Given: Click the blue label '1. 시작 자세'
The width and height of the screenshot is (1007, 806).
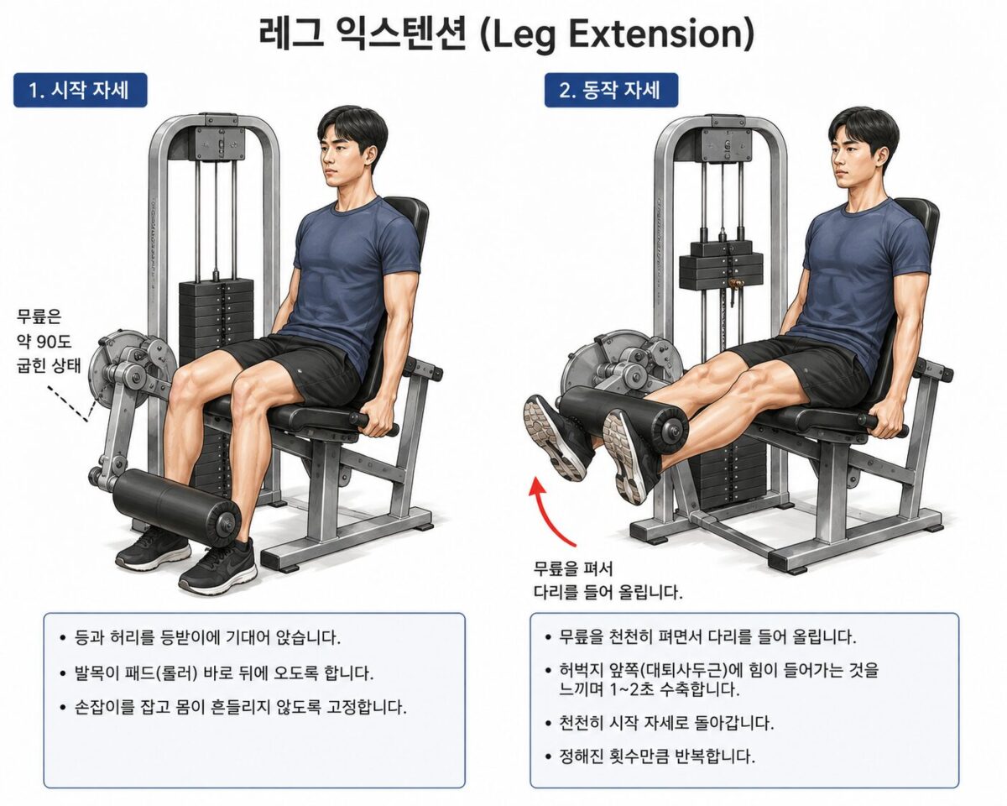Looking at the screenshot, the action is point(80,90).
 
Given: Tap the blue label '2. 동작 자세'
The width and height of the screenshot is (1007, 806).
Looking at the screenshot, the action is point(611,90).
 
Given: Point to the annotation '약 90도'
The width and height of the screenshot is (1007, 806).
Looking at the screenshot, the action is point(44,342).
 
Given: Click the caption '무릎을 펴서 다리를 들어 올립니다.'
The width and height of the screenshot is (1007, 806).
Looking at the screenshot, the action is point(608,580).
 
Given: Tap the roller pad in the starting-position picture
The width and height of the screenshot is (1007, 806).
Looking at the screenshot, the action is point(177,505).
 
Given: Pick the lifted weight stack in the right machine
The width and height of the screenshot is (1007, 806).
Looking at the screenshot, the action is point(722,265).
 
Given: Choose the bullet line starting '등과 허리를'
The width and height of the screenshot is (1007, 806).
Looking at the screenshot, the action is point(201,637).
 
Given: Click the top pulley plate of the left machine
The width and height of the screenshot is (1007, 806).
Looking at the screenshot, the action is point(220,143).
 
